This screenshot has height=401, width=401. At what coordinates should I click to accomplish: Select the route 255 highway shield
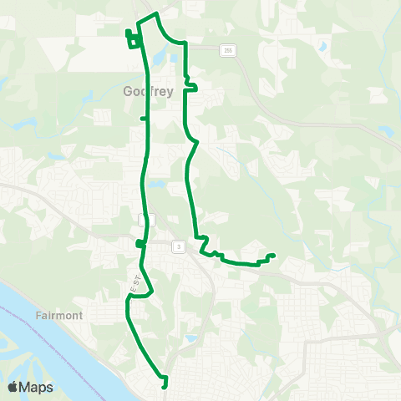click(227, 51)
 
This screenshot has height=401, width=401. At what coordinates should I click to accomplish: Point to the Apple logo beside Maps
click(13, 387)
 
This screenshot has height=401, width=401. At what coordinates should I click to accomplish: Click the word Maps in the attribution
click(37, 387)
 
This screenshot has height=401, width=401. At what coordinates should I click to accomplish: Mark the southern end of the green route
click(165, 387)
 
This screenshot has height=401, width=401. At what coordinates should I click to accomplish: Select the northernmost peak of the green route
click(156, 14)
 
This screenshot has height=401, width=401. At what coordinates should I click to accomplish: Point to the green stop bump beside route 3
click(139, 244)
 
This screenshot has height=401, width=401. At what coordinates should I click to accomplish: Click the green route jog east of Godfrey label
click(189, 83)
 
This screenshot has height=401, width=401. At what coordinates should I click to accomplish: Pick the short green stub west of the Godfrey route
click(143, 119)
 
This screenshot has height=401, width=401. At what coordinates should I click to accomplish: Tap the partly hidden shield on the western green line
click(147, 219)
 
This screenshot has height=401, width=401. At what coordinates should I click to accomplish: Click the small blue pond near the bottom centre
click(190, 339)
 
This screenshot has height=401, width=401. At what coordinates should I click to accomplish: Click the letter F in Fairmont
click(40, 317)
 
